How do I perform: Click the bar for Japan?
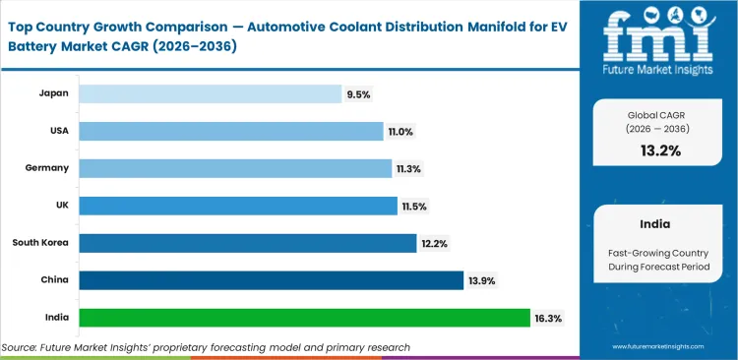coord(209,93)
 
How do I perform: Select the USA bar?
coord(230,131)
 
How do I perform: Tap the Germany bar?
coord(234,168)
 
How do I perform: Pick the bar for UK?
coord(236,206)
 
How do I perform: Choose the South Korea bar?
coord(247,243)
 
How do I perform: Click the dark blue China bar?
coord(271,280)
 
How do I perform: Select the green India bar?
coord(304,318)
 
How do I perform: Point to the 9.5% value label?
coord(357,94)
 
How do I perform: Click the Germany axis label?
coord(46,168)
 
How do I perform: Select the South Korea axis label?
coord(39,243)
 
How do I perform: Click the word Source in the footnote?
coord(23,347)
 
